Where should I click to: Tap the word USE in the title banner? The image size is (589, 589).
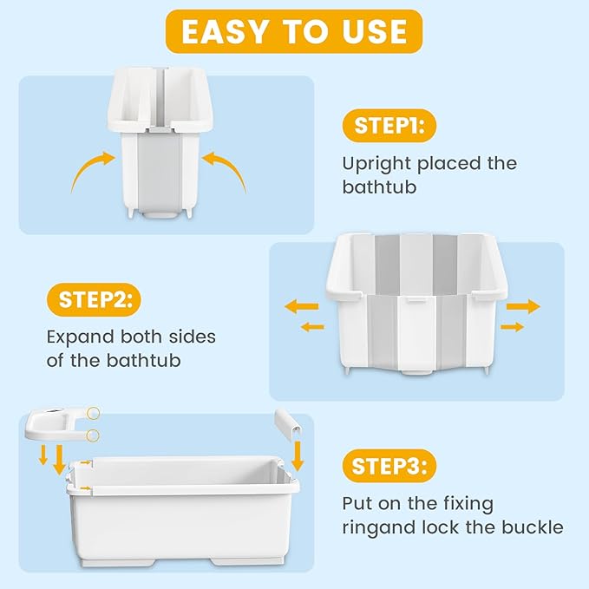click(374, 31)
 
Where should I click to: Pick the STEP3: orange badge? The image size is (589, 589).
click(389, 467)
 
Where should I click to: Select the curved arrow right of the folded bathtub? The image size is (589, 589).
click(226, 167)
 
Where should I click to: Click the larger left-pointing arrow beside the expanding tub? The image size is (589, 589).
click(301, 306)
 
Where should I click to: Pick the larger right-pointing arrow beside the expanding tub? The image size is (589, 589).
click(522, 306)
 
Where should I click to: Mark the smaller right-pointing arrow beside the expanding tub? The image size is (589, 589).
click(513, 327)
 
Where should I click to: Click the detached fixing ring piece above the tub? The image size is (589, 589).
click(59, 425)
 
